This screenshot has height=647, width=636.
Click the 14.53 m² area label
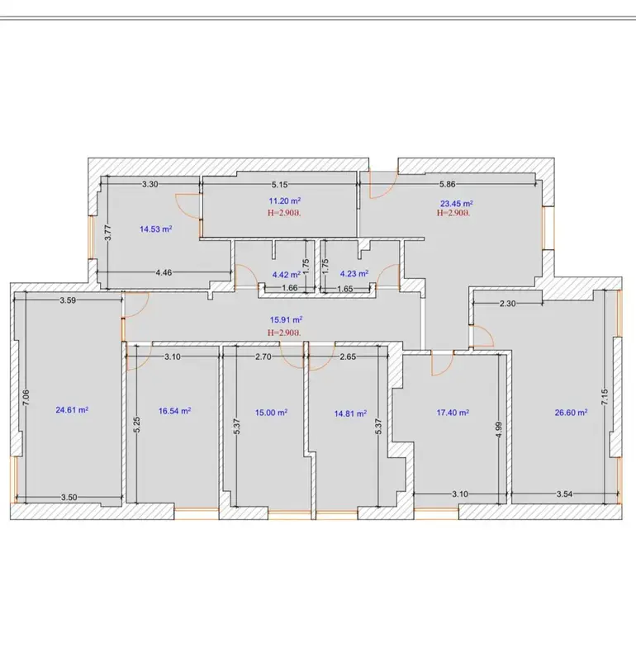pyautogui.click(x=155, y=229)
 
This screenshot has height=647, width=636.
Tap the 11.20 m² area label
pyautogui.click(x=284, y=201)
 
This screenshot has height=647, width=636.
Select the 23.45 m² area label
pyautogui.click(x=456, y=203)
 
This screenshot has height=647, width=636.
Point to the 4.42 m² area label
pyautogui.click(x=286, y=274)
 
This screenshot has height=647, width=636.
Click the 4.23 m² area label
pyautogui.click(x=354, y=273)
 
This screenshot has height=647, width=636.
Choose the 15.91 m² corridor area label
pyautogui.click(x=286, y=319)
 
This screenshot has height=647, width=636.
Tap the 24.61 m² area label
pyautogui.click(x=73, y=409)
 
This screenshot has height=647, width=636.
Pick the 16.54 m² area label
pyautogui.click(x=175, y=411)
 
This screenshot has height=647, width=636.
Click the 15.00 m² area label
pyautogui.click(x=271, y=413)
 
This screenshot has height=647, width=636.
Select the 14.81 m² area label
pyautogui.click(x=350, y=413)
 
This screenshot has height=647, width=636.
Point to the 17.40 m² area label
pyautogui.click(x=453, y=413)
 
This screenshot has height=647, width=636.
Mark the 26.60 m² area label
pyautogui.click(x=572, y=413)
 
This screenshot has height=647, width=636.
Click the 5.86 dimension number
pyautogui.click(x=448, y=184)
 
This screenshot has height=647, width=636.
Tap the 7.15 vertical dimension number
pyautogui.click(x=605, y=397)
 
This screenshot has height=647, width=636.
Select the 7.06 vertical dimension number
pyautogui.click(x=26, y=398)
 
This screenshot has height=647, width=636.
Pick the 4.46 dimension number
pyautogui.click(x=164, y=272)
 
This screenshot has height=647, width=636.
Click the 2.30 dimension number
pyautogui.click(x=507, y=304)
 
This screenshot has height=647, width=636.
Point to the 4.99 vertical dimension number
pyautogui.click(x=499, y=431)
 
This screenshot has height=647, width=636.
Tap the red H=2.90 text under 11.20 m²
pyautogui.click(x=284, y=213)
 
